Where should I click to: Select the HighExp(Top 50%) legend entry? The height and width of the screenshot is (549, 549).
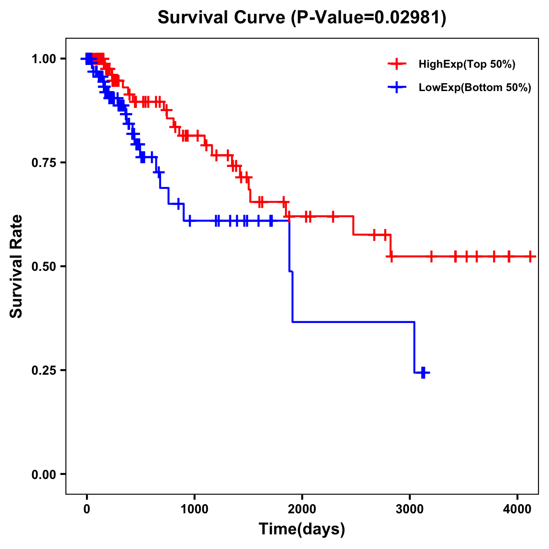[x=467, y=65]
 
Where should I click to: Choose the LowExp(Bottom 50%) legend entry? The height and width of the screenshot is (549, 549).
[x=474, y=88]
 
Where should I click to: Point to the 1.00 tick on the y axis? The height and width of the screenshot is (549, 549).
[x=44, y=59]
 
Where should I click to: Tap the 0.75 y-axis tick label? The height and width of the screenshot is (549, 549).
[x=44, y=162]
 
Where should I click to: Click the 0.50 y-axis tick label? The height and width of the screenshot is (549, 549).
[x=44, y=266]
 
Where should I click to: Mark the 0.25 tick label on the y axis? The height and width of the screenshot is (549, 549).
[x=44, y=370]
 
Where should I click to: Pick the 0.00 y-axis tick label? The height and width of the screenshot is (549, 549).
[x=44, y=474]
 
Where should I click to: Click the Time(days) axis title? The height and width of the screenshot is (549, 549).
[x=302, y=529]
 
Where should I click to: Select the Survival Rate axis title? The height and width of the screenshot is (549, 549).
[x=16, y=266]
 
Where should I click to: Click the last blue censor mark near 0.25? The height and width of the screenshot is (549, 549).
[x=423, y=372]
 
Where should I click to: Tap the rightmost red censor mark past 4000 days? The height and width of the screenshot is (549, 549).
[x=530, y=256]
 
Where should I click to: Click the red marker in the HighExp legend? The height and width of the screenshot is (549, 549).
[x=397, y=65]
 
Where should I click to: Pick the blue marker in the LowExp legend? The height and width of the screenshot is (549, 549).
[x=397, y=88]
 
